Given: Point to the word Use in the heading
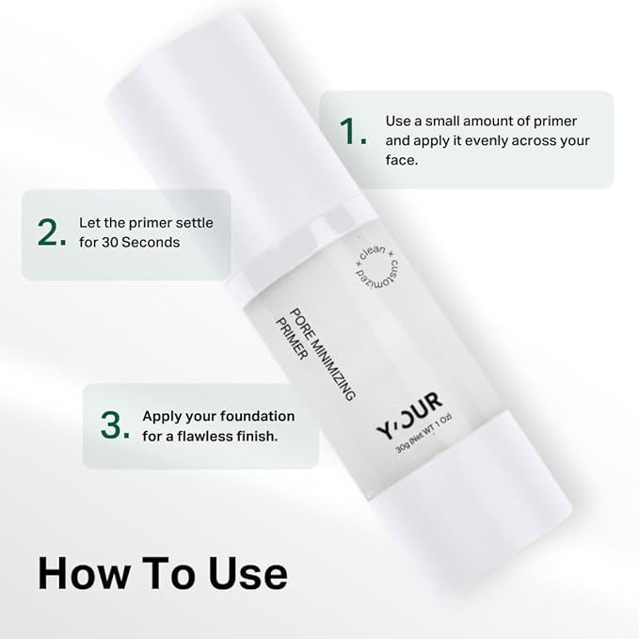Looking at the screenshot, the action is [x=248, y=573].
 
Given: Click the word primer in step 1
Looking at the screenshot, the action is [x=555, y=121].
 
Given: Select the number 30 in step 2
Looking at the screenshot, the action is [x=109, y=243].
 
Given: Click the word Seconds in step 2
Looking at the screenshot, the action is [x=151, y=243].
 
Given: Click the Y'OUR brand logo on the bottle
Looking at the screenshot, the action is [x=409, y=415].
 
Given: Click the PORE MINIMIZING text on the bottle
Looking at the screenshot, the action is [x=323, y=355].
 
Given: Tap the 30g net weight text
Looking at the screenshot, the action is [x=423, y=433].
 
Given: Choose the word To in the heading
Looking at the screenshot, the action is [x=169, y=573].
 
